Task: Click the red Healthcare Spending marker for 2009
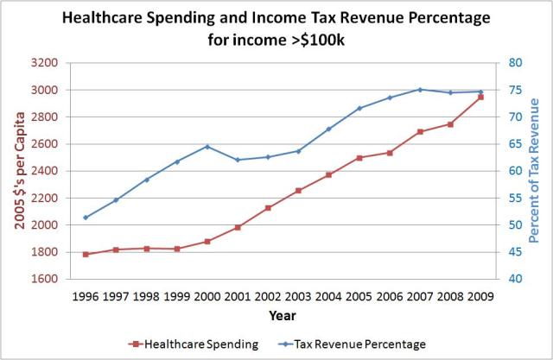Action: pos(480,98)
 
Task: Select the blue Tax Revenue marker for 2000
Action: pos(207,147)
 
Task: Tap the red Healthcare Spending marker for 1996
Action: pos(86,255)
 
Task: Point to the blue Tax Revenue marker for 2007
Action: pos(420,89)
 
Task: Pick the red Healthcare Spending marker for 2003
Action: pos(298,191)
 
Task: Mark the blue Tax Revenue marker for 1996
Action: pos(86,218)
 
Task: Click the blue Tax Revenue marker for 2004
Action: pos(328,129)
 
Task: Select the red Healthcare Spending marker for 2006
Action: pos(390,153)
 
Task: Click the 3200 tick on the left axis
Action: pos(43,63)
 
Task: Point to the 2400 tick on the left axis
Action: pos(43,171)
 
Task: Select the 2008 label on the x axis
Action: pos(450,296)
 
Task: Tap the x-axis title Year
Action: pos(282,315)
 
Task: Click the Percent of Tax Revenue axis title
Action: pos(533,170)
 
